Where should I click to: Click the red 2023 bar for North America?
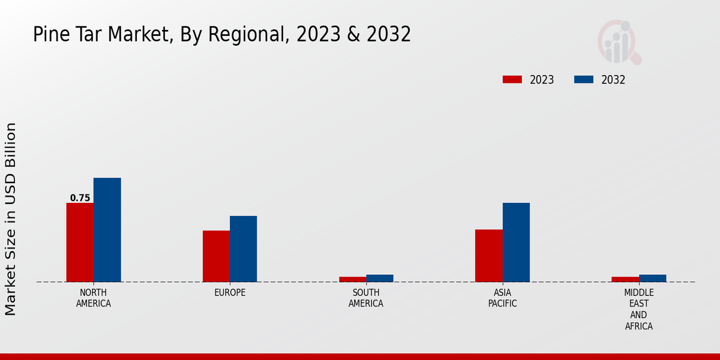80,242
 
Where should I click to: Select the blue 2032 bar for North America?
107,230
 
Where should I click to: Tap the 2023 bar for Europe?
216,256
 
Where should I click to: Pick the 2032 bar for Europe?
243,249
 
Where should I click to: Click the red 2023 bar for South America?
352,279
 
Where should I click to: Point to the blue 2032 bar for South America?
380,278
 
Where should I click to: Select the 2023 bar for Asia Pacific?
488,256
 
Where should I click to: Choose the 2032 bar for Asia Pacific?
516,242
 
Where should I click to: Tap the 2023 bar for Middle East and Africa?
625,279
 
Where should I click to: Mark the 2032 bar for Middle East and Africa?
652,278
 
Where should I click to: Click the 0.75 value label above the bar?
80,198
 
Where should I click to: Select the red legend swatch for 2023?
512,80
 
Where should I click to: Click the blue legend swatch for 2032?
584,80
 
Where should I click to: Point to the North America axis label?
94,298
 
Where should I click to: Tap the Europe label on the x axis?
230,293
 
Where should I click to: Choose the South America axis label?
366,298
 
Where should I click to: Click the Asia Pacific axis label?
503,298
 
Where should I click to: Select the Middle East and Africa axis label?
638,309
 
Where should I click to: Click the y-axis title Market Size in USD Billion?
11,219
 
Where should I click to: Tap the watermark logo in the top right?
619,42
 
